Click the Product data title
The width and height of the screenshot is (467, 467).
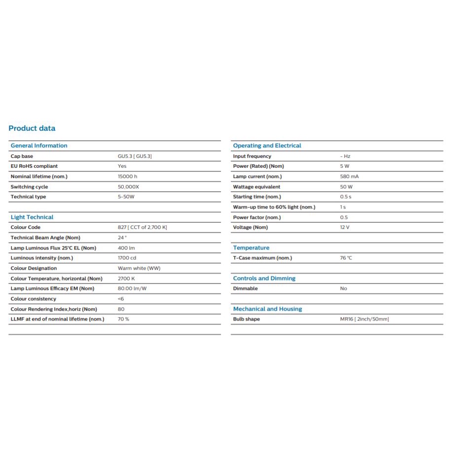tap(32, 128)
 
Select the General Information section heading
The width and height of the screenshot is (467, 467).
tap(39, 145)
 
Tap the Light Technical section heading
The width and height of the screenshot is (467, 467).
tap(32, 217)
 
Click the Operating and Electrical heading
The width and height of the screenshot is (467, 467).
tap(267, 145)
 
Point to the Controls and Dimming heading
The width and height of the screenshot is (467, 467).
tap(264, 278)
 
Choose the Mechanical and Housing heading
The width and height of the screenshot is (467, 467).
tap(267, 309)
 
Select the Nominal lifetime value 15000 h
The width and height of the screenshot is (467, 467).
tap(128, 177)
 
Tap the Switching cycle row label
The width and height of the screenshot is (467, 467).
tap(29, 187)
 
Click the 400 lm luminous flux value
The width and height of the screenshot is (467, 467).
tap(126, 248)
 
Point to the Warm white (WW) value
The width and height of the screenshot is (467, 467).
tap(139, 268)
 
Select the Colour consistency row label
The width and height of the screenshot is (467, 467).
tap(34, 299)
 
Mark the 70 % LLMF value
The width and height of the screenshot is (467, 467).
tap(124, 319)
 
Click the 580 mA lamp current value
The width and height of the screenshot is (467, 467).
tap(349, 177)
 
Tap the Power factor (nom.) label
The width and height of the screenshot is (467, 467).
tap(257, 217)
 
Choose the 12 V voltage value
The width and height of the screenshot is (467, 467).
tap(345, 227)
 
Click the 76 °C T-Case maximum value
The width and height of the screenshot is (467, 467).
tap(346, 258)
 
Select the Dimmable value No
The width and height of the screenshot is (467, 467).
tap(344, 288)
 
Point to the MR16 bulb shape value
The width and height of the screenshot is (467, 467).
tap(364, 319)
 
